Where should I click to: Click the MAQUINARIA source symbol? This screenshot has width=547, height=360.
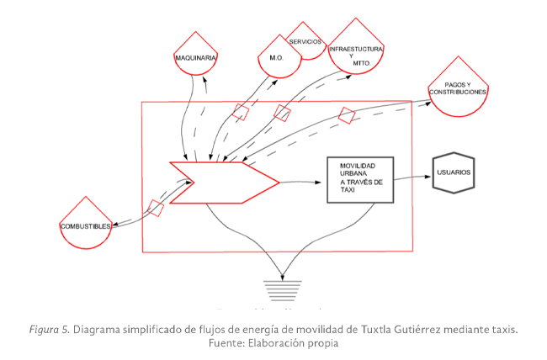(x=196, y=55)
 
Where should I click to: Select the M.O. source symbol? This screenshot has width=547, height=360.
(x=277, y=57)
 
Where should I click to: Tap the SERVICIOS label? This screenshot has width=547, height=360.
(x=305, y=41)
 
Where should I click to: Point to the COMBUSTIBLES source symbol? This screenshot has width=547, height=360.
(x=86, y=225)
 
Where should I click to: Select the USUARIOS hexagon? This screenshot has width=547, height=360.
(x=454, y=172)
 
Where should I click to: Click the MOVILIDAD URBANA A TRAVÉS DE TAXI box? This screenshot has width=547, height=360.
(x=361, y=178)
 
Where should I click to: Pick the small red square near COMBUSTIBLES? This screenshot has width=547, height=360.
(x=156, y=207)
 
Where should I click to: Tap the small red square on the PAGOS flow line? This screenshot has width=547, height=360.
(x=346, y=115)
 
